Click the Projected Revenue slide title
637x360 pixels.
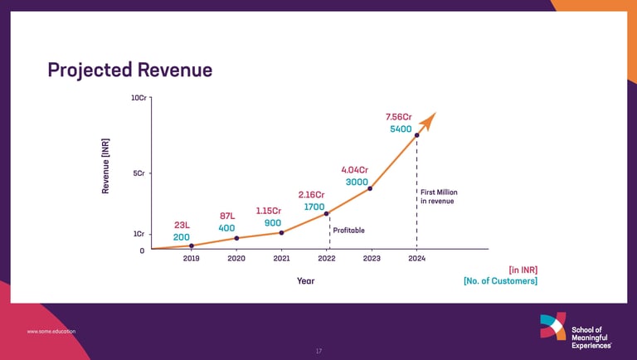[x=130, y=70]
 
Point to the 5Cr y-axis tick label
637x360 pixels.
[x=140, y=173]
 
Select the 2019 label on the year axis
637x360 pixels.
[x=192, y=259]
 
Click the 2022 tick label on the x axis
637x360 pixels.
[x=327, y=259]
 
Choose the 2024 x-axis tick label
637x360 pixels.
[x=416, y=259]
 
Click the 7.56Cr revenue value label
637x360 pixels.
[x=399, y=116]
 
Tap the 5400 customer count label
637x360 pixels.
[x=401, y=130]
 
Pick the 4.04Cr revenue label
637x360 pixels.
[x=354, y=170]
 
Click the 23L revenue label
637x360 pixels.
[x=182, y=225]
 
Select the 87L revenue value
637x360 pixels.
[x=227, y=216]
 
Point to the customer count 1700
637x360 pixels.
[x=314, y=206]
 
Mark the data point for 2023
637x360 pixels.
[x=370, y=188]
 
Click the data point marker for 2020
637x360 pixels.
[x=237, y=239]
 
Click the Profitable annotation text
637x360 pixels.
[x=348, y=230]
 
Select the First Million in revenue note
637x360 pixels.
[x=439, y=197]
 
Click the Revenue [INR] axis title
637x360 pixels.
[x=106, y=166]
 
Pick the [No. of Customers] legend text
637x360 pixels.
[x=500, y=281]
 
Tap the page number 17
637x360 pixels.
[x=318, y=351]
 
